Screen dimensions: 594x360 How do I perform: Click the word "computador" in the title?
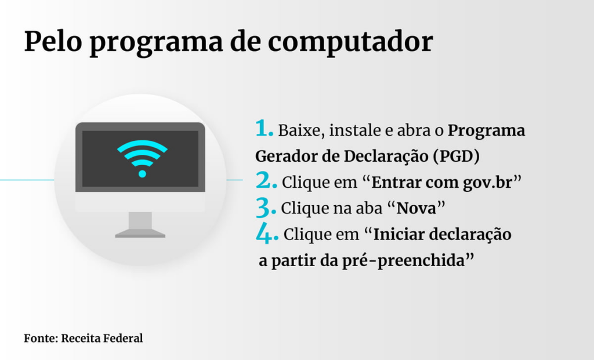[350, 42]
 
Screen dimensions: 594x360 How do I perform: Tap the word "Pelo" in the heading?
[53, 41]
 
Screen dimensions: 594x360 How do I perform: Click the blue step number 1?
[264, 128]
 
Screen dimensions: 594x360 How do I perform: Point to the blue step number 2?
[266, 180]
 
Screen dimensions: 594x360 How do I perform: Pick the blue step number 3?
[266, 208]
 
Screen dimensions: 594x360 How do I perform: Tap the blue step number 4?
[267, 233]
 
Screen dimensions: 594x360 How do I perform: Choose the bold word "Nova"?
[416, 208]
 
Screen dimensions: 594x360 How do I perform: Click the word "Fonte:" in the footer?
[41, 338]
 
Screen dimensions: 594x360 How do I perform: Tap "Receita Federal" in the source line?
[102, 338]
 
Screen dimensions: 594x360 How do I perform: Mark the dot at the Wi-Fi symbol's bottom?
[142, 174]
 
